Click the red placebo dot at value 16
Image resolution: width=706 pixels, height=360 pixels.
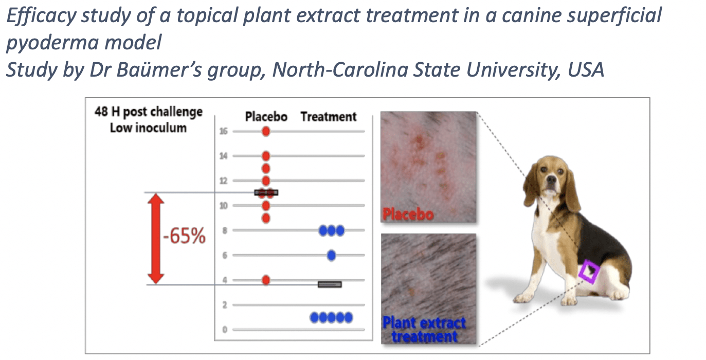[x=266, y=131]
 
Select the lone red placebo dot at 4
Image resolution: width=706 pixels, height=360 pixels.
[x=266, y=280]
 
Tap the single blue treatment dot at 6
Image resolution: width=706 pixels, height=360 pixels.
[x=331, y=255]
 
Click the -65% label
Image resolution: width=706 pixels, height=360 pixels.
[x=185, y=236]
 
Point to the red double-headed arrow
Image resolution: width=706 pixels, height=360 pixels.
[x=156, y=239]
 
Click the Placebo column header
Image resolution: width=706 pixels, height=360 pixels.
[x=266, y=117]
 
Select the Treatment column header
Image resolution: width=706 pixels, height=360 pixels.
[x=329, y=117]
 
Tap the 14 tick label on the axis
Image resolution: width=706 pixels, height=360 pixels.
[x=224, y=156]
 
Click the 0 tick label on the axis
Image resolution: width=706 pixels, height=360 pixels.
[x=225, y=330]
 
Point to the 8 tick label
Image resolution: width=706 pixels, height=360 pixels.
[x=225, y=230]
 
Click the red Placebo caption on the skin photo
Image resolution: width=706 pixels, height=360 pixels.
[x=408, y=214]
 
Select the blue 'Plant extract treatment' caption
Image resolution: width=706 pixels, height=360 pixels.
[x=424, y=330]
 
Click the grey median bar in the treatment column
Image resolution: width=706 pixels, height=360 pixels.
[x=330, y=284]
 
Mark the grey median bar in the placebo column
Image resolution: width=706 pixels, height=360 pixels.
[x=266, y=192]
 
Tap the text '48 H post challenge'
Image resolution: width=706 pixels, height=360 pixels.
[x=149, y=112]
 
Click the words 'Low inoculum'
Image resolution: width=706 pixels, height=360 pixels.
[x=148, y=128]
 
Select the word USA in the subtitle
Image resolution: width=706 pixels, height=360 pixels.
[x=586, y=69]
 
